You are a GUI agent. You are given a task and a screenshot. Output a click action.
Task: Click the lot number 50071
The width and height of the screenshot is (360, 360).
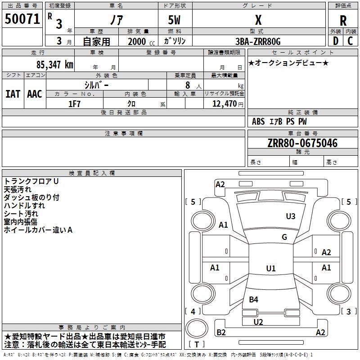[x=22, y=19]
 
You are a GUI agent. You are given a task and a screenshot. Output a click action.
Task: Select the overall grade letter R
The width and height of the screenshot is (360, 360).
[x=343, y=21]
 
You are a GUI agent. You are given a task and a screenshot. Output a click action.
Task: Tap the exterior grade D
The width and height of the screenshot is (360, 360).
[x=336, y=41]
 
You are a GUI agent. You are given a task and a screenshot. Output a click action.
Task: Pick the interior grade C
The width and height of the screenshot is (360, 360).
[x=350, y=41]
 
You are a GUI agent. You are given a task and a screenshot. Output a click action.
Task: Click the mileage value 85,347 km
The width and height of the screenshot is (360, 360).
[x=55, y=65]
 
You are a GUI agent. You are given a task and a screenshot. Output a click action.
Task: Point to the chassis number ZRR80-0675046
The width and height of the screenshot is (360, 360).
[x=302, y=143]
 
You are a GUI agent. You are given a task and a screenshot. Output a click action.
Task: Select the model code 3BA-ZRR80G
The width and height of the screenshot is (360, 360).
[x=258, y=41]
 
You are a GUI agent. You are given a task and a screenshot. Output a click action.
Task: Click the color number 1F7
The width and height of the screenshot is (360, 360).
[x=74, y=104]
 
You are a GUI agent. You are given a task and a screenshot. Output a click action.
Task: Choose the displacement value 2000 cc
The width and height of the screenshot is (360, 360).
[x=141, y=41]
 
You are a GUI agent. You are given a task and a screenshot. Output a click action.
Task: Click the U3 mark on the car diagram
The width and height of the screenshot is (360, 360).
[x=291, y=216]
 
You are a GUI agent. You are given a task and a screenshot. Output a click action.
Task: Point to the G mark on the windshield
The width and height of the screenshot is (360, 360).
[x=284, y=237]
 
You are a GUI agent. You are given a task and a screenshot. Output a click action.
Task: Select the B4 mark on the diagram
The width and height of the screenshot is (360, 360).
[x=253, y=299]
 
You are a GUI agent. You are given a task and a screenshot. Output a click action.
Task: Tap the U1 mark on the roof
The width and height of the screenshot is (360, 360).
[x=271, y=268]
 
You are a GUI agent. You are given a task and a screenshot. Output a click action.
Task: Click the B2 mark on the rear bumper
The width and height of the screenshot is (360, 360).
[x=221, y=332]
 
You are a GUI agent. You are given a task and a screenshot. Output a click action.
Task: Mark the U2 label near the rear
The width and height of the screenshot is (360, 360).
[x=258, y=322]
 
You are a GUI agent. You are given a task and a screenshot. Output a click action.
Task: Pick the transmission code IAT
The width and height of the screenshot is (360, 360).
[x=13, y=94]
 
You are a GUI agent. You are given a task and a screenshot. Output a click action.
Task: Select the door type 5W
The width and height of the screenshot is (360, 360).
[x=174, y=20]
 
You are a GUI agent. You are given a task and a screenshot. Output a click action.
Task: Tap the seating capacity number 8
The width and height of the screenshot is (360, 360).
[x=188, y=85]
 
